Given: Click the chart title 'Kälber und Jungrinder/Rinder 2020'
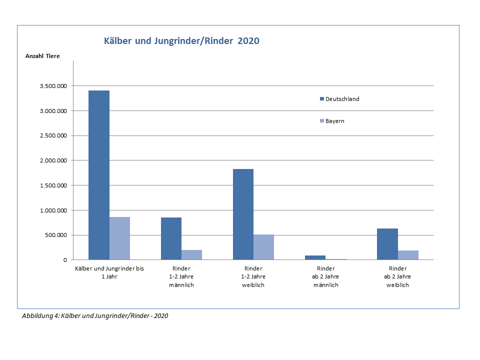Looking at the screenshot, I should (181, 41).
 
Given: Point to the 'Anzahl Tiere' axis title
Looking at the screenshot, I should (42, 56).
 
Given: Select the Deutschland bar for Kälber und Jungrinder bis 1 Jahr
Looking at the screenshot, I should (99, 175).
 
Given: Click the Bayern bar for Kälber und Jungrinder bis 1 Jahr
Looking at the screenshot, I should (119, 238).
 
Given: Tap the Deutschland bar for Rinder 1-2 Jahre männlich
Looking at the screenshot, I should (171, 238).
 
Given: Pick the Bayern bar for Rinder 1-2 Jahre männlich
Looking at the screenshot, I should (191, 254).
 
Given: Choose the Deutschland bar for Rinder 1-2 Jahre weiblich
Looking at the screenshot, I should (243, 214).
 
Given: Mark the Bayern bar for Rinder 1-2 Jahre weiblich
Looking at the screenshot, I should (263, 247).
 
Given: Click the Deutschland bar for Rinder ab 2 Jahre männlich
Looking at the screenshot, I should (315, 257).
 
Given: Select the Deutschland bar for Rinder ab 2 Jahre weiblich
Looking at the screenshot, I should (387, 244).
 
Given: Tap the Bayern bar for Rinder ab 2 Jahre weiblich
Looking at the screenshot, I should (408, 255).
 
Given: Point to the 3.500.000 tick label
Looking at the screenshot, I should (52, 86).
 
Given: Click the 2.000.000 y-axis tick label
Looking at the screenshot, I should (52, 160).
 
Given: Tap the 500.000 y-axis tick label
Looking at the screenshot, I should (55, 235).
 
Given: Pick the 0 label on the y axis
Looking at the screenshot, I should (65, 260).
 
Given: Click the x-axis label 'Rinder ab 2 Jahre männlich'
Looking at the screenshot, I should (325, 276).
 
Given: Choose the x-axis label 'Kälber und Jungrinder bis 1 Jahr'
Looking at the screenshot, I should (109, 272).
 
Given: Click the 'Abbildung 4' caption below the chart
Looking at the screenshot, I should (95, 316).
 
